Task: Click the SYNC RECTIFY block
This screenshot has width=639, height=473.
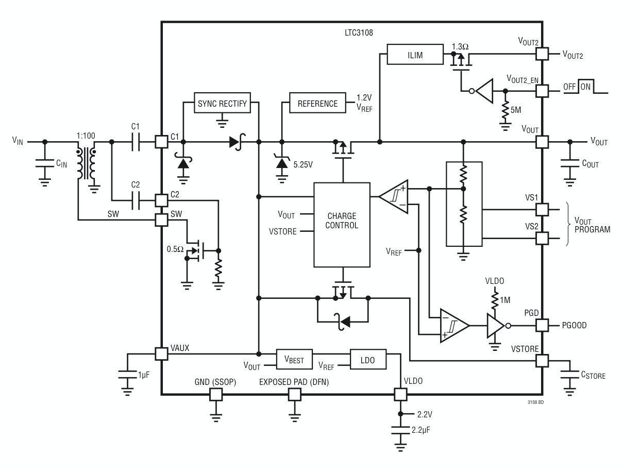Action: click(222, 103)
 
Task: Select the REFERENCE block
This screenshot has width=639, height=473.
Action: click(317, 103)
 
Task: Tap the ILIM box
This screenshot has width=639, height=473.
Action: click(415, 54)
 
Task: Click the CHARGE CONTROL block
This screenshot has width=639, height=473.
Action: click(342, 225)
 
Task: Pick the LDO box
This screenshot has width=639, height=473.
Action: click(368, 359)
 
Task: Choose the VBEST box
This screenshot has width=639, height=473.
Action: click(294, 359)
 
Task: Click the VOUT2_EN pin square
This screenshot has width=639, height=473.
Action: click(542, 91)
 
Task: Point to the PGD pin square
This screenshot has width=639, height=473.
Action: click(542, 325)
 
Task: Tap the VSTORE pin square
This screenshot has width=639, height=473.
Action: click(542, 360)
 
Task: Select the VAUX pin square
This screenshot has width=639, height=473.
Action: click(161, 354)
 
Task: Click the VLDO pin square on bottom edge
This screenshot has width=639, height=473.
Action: click(400, 394)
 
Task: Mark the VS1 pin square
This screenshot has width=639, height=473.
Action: click(542, 209)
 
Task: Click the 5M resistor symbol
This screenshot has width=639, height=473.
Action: click(505, 110)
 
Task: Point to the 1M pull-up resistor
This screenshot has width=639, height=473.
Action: click(495, 300)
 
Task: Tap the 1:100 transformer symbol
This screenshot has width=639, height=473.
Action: click(86, 163)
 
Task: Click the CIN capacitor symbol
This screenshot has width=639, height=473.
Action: click(45, 163)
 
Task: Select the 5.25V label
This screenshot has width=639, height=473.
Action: click(303, 164)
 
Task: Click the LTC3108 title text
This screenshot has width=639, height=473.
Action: click(359, 32)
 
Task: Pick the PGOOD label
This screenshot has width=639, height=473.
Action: click(574, 325)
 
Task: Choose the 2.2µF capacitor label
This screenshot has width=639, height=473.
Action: click(421, 430)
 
